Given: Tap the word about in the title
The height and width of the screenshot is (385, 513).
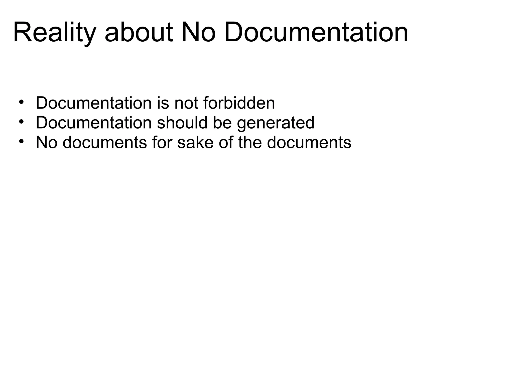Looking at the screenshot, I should click(x=139, y=33).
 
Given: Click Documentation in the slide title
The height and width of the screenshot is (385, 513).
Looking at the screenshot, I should click(x=316, y=33).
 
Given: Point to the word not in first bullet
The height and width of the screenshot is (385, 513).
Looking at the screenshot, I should click(x=186, y=103).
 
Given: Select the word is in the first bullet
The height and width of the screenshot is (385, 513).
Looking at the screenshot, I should click(x=163, y=103).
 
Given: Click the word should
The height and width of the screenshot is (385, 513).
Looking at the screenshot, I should click(x=182, y=123).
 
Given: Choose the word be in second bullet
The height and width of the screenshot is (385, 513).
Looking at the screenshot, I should click(x=222, y=123).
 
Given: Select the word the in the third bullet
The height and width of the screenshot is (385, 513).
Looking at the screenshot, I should click(x=250, y=143).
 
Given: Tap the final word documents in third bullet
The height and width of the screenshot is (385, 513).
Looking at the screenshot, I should click(x=309, y=143).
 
